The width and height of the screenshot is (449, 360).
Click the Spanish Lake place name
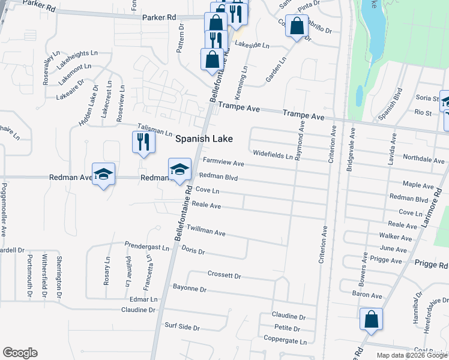(x=203, y=139)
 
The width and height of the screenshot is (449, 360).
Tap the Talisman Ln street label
(x=155, y=129)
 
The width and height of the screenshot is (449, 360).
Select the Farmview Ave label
(x=223, y=163)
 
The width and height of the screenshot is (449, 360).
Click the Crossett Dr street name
(x=224, y=276)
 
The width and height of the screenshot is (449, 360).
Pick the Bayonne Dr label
(x=190, y=289)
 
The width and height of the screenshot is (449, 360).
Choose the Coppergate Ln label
(x=289, y=341)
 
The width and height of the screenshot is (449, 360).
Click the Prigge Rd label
(x=431, y=265)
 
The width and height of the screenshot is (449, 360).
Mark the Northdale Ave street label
(x=424, y=160)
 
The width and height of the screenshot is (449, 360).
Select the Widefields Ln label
(x=273, y=155)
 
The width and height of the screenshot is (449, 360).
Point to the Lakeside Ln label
(x=251, y=45)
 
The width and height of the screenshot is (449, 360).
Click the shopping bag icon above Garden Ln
(x=297, y=26)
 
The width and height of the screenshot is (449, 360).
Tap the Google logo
(x=20, y=353)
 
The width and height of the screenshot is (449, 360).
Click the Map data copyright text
(x=412, y=355)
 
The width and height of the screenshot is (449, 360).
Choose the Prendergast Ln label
(x=147, y=246)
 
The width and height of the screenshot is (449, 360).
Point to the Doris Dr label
(x=193, y=251)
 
